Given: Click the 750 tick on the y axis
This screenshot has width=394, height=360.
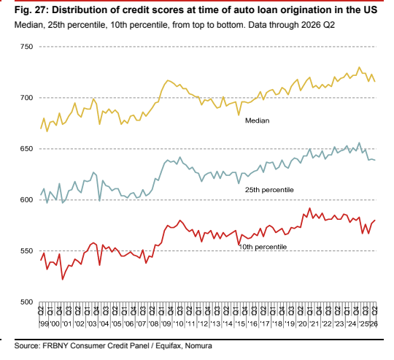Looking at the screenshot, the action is [x=26, y=47].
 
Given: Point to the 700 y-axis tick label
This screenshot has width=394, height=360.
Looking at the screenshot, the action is [x=26, y=98].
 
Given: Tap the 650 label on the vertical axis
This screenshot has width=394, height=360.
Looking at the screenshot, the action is [x=26, y=148].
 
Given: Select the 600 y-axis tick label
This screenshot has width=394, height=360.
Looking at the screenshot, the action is [x=26, y=199].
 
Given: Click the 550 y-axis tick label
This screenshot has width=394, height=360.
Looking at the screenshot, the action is [x=26, y=251].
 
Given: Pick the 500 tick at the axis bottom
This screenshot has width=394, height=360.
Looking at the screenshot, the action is [x=26, y=302].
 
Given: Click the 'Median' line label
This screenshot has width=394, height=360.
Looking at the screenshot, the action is [x=257, y=120].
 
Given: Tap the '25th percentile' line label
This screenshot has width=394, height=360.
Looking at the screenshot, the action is [x=269, y=190].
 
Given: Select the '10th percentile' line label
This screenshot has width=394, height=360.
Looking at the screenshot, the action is [x=263, y=247].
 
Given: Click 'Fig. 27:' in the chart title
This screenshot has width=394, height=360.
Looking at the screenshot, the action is [x=31, y=10].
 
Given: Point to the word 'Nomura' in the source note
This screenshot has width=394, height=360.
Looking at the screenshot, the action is [x=198, y=345].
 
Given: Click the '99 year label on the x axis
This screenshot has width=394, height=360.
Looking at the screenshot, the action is [x=45, y=323].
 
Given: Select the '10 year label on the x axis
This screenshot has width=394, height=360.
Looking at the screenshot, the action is [x=179, y=323].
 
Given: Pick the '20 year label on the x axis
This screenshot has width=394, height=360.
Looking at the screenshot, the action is [x=302, y=323].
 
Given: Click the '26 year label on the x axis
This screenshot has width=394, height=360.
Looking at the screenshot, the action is [x=374, y=323].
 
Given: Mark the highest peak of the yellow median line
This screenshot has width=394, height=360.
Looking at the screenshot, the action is [x=359, y=67].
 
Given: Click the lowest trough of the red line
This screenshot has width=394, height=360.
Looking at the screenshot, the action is [x=63, y=279].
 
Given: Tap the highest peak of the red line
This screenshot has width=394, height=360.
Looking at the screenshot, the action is [x=309, y=208].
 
